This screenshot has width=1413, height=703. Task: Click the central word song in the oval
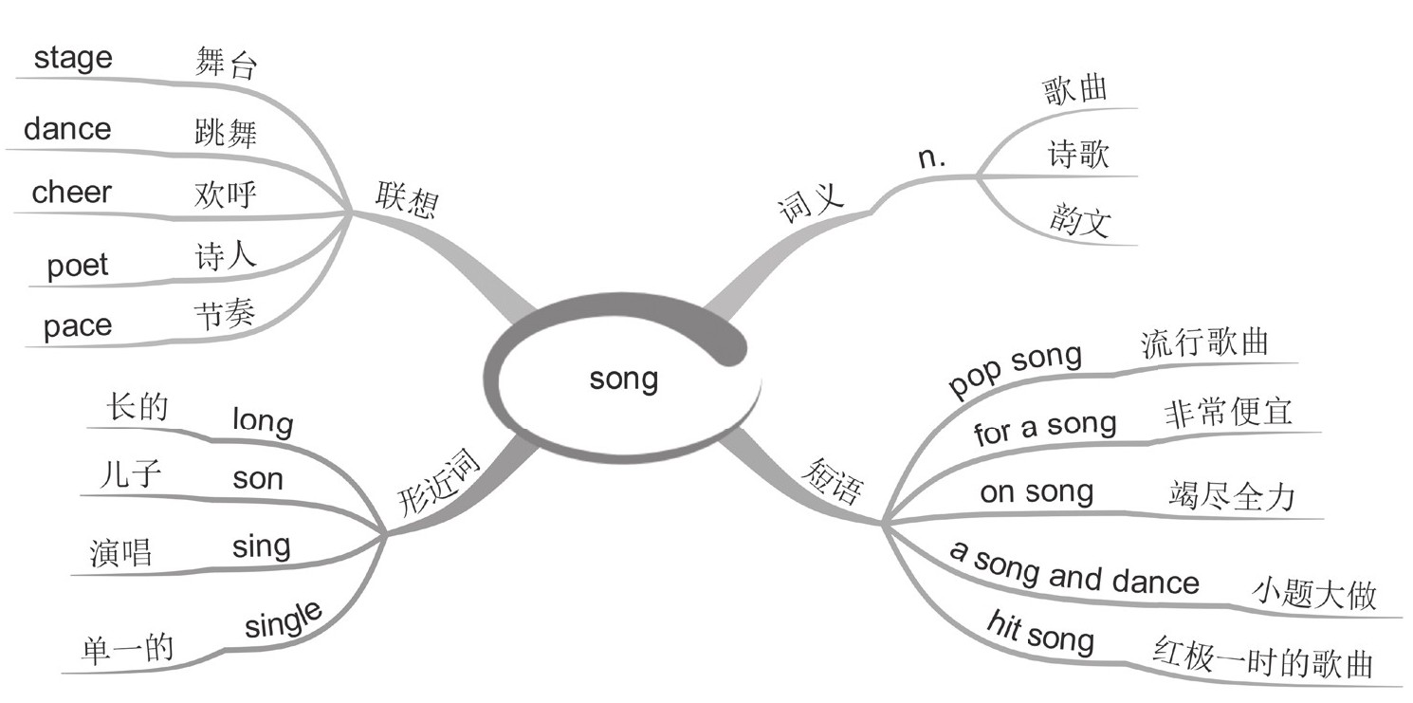point(623,379)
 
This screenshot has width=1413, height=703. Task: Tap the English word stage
point(73,58)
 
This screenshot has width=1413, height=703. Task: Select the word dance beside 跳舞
point(66,129)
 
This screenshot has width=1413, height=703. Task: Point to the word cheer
point(71,193)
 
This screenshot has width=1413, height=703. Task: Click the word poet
point(78,265)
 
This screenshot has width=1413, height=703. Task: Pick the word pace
point(77,325)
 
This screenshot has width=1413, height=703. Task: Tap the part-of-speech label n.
point(932,157)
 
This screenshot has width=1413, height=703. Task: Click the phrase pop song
point(1015,370)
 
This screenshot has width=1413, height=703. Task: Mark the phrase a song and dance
point(1074,570)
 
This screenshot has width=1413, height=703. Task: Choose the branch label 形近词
point(438,482)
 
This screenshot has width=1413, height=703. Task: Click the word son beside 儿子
point(258,479)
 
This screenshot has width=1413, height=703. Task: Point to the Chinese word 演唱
point(121,551)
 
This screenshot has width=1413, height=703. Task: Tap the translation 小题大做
point(1313,594)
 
